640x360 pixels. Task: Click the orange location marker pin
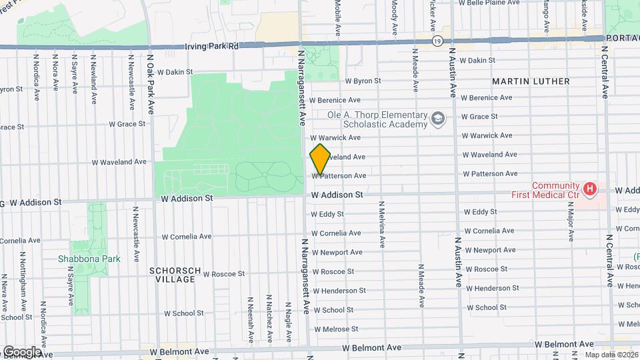(320, 159)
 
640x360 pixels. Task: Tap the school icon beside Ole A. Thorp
(438, 119)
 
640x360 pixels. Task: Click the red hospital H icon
(589, 190)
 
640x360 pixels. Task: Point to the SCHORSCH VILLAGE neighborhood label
(172, 275)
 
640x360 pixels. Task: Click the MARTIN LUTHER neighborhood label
(531, 81)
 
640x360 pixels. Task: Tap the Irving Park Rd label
(212, 47)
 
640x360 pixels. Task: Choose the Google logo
(21, 351)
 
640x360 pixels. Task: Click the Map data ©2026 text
(611, 355)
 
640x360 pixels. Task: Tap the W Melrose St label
(336, 329)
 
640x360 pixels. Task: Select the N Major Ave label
(571, 227)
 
